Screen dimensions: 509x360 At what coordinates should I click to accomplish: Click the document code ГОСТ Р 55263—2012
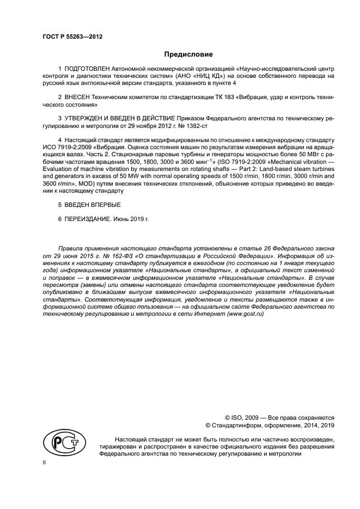click(x=72, y=37)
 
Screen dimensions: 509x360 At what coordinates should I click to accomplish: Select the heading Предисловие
click(x=188, y=54)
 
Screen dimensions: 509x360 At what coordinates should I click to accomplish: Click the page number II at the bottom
click(x=45, y=461)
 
